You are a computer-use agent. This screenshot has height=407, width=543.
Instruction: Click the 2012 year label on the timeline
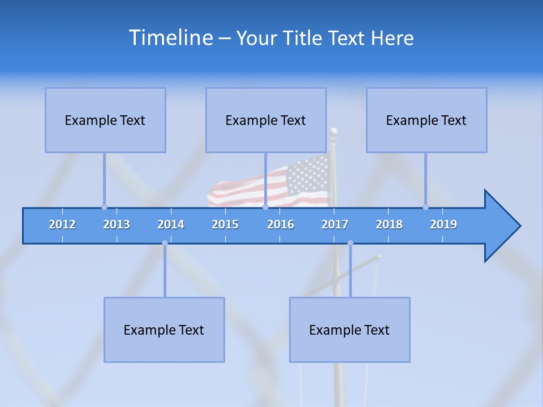click(x=62, y=224)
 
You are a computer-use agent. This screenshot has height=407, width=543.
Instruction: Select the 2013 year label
click(x=117, y=224)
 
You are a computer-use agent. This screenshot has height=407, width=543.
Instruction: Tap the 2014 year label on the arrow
click(x=171, y=224)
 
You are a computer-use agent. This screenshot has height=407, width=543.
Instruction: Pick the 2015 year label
click(x=225, y=224)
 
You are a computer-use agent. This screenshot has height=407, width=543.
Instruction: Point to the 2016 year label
click(x=281, y=224)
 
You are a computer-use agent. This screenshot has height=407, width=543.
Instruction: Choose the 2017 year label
click(x=335, y=224)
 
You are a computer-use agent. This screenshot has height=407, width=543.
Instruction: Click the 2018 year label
click(x=389, y=224)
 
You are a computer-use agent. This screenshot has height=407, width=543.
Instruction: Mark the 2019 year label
click(x=443, y=224)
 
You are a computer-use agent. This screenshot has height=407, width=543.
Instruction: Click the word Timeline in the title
click(x=170, y=38)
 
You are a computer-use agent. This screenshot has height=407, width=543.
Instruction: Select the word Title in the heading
click(x=304, y=38)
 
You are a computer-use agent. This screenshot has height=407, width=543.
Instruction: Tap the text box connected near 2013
click(x=105, y=120)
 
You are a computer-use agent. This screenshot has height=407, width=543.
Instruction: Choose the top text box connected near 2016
click(x=266, y=120)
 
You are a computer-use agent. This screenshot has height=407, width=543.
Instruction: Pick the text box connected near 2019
click(x=426, y=120)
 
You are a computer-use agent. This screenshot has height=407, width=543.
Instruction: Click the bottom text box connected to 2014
click(x=164, y=330)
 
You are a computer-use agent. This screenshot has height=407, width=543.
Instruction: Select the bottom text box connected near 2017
click(x=350, y=330)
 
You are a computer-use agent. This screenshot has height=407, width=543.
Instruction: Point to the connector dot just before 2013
click(x=104, y=207)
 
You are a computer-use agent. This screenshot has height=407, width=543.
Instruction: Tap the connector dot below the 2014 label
click(x=165, y=243)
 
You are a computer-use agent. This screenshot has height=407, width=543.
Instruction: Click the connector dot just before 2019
click(x=425, y=207)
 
